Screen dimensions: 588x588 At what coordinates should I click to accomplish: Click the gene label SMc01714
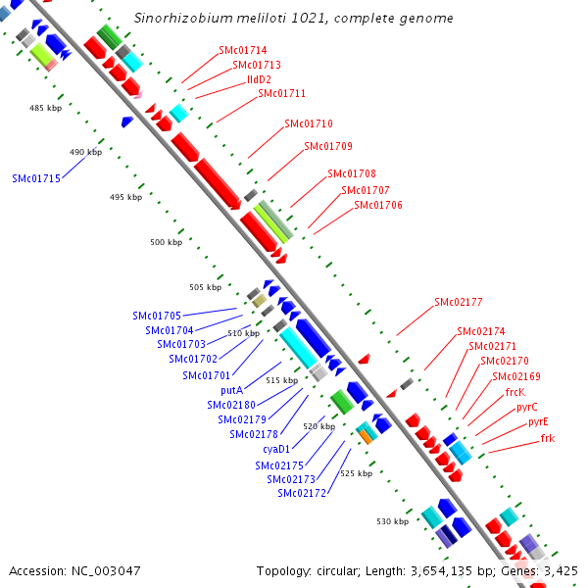pyautogui.click(x=240, y=50)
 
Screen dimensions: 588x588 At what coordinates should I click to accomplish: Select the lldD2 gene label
pyautogui.click(x=252, y=79)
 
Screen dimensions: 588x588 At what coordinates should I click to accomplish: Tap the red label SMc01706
pyautogui.click(x=377, y=205)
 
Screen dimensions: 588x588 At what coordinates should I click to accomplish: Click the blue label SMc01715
pyautogui.click(x=36, y=178)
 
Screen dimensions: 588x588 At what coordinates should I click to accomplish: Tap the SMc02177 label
pyautogui.click(x=458, y=302)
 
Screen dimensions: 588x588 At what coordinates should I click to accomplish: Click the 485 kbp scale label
pyautogui.click(x=45, y=108)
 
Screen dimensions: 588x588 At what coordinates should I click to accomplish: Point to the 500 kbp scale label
pyautogui.click(x=166, y=242)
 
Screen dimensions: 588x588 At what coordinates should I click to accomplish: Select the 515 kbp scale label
pyautogui.click(x=281, y=380)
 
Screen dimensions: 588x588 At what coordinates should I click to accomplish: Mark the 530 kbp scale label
pyautogui.click(x=392, y=521)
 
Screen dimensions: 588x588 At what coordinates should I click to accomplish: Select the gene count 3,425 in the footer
pyautogui.click(x=562, y=570)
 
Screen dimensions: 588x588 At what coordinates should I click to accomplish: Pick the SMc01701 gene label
pyautogui.click(x=206, y=375)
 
